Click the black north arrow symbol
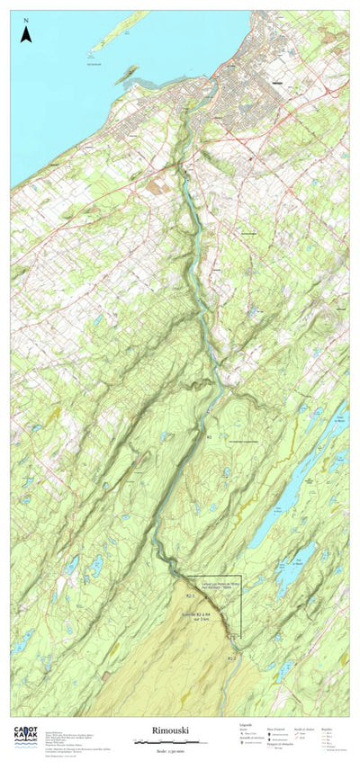pos(26,35)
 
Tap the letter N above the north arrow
pos(26,20)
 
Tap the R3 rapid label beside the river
pos(210,436)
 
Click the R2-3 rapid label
pos(191,595)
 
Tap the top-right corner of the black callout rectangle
pos(241,576)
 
